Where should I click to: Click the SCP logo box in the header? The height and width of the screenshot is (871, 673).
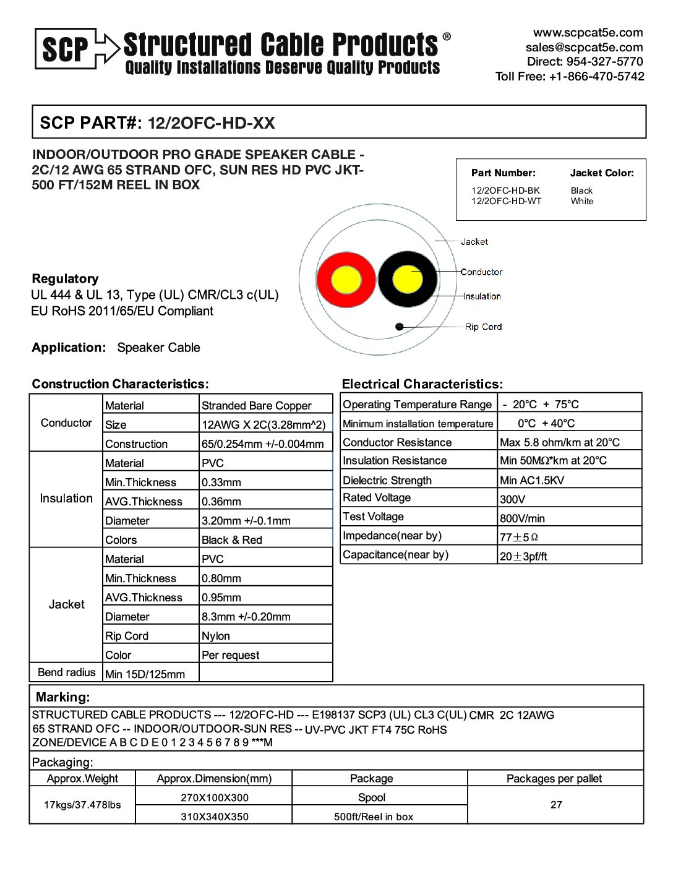point(65,48)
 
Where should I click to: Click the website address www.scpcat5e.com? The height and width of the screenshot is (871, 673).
point(588,33)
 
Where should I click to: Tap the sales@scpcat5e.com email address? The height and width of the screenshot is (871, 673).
point(584,48)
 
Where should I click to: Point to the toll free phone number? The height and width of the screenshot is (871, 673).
point(569,77)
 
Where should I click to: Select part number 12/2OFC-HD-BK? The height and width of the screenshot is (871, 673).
point(505,191)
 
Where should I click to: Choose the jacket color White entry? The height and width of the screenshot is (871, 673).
point(581,201)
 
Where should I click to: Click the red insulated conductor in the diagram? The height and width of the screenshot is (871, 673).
point(346,280)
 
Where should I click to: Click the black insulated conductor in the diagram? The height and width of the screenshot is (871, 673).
point(407,279)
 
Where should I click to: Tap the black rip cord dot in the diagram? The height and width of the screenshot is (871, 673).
point(400,327)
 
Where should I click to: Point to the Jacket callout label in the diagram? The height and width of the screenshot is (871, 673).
point(474,242)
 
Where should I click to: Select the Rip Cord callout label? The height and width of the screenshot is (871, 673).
point(483,327)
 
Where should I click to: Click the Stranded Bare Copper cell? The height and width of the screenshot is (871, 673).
point(256,406)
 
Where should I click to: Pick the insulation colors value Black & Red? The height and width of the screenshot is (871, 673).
point(231,540)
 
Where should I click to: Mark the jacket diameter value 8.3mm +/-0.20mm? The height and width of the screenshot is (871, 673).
point(246,617)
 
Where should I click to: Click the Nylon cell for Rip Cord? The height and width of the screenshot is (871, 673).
point(215,636)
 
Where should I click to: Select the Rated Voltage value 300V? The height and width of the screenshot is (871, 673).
point(512,499)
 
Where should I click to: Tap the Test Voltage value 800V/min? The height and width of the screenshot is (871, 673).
point(522,518)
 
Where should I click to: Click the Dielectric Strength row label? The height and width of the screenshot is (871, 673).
point(387,480)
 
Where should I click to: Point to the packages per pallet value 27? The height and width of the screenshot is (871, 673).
point(556,805)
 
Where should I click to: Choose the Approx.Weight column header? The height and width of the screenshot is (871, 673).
point(82,779)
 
